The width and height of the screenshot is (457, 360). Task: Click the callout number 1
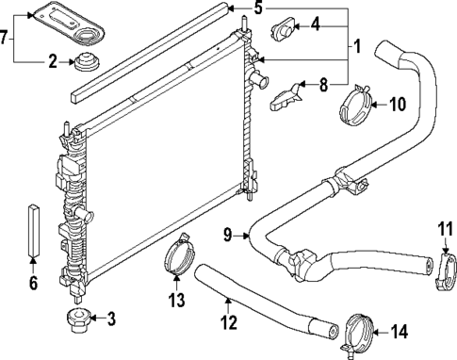356,46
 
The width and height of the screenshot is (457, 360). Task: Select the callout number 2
54,63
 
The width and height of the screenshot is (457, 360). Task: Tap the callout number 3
111,319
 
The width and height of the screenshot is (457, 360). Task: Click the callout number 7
8,39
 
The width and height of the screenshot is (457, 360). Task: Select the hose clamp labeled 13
176,261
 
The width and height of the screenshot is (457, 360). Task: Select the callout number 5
258,10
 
